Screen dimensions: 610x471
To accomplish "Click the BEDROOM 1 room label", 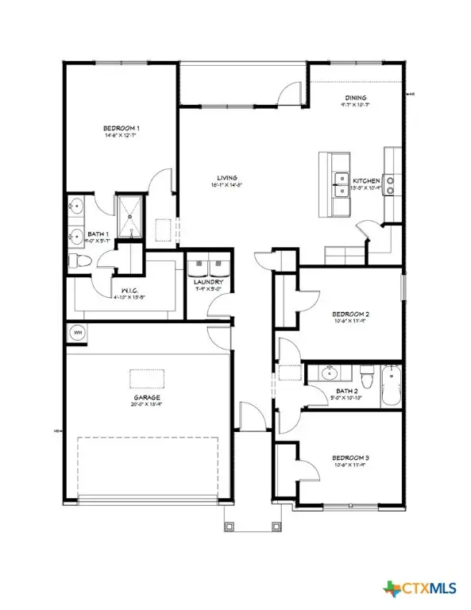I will coord(119,128).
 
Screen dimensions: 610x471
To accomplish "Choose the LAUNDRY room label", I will coord(209,282).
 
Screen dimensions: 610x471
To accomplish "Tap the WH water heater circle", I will coord(79,333).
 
